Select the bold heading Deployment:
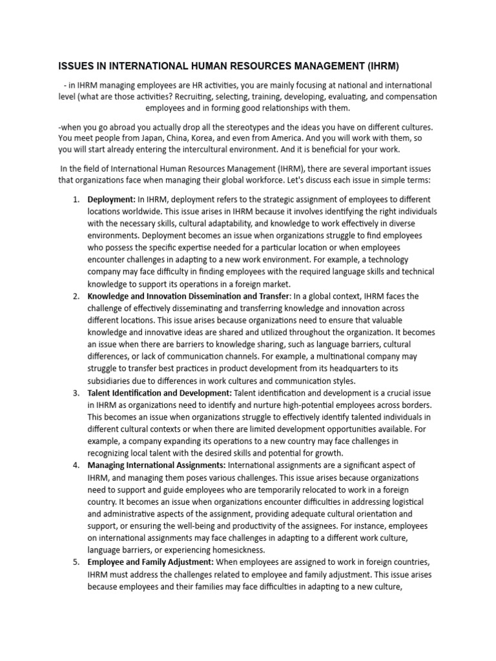(112, 199)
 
